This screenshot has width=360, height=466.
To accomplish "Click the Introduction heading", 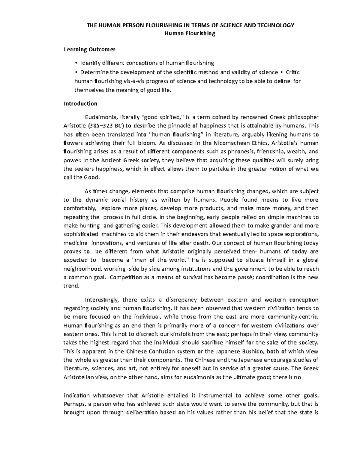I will click(x=80, y=104).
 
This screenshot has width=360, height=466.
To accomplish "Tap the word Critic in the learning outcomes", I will click(x=293, y=72).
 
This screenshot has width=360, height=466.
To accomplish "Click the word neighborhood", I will click(x=83, y=269).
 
